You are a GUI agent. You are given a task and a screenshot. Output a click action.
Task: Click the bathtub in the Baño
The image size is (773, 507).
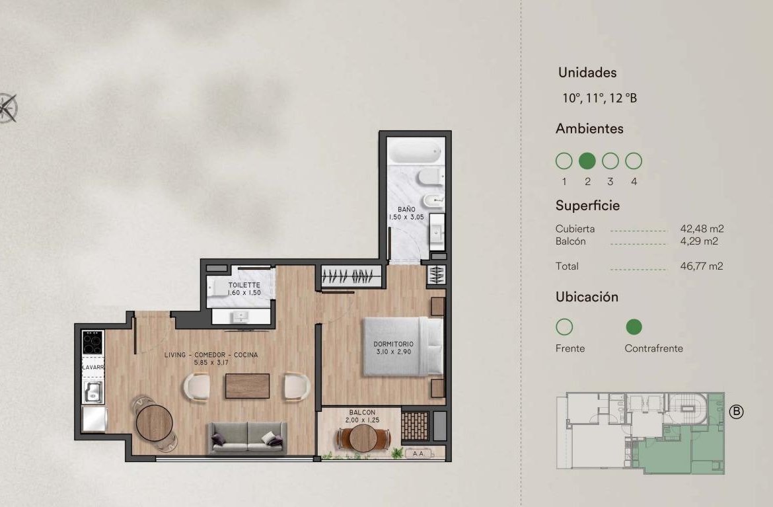click(415, 151)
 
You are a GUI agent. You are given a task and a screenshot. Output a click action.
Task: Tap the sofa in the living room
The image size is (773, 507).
click(248, 437)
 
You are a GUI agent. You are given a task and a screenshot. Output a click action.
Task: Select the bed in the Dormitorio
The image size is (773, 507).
click(403, 346)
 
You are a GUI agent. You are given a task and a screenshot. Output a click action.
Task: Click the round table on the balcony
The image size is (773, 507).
click(363, 438)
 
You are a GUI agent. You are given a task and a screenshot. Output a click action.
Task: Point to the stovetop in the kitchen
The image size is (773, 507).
click(92, 342)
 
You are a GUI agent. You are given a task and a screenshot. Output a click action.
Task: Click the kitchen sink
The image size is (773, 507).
click(92, 392)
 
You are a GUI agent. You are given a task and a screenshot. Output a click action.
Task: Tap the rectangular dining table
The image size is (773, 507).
click(248, 385)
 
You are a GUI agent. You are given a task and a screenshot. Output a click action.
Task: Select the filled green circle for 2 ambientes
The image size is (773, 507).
click(587, 161)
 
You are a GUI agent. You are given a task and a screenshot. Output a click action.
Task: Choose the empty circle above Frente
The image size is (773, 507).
click(564, 327)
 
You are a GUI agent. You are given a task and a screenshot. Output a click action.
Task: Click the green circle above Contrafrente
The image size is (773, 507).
click(634, 327)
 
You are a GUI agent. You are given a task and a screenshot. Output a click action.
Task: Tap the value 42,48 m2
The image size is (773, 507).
click(702, 229)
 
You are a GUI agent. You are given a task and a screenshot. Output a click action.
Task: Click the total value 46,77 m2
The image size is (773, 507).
click(702, 266)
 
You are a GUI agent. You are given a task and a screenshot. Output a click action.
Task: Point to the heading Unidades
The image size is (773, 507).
click(587, 73)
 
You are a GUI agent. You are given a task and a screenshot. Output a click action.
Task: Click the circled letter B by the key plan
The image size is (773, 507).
click(736, 411)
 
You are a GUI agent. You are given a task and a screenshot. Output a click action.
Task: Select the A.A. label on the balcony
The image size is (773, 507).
click(419, 453)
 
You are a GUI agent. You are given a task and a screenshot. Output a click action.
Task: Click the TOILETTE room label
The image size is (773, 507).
click(244, 285)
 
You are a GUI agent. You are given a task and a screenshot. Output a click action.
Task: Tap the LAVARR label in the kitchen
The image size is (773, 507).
click(92, 368)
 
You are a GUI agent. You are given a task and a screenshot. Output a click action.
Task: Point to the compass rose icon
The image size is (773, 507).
click(8, 108)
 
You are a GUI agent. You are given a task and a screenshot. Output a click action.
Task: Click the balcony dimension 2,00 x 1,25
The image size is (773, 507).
click(362, 420)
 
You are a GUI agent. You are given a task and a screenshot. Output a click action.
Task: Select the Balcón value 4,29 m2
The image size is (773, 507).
click(699, 241)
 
